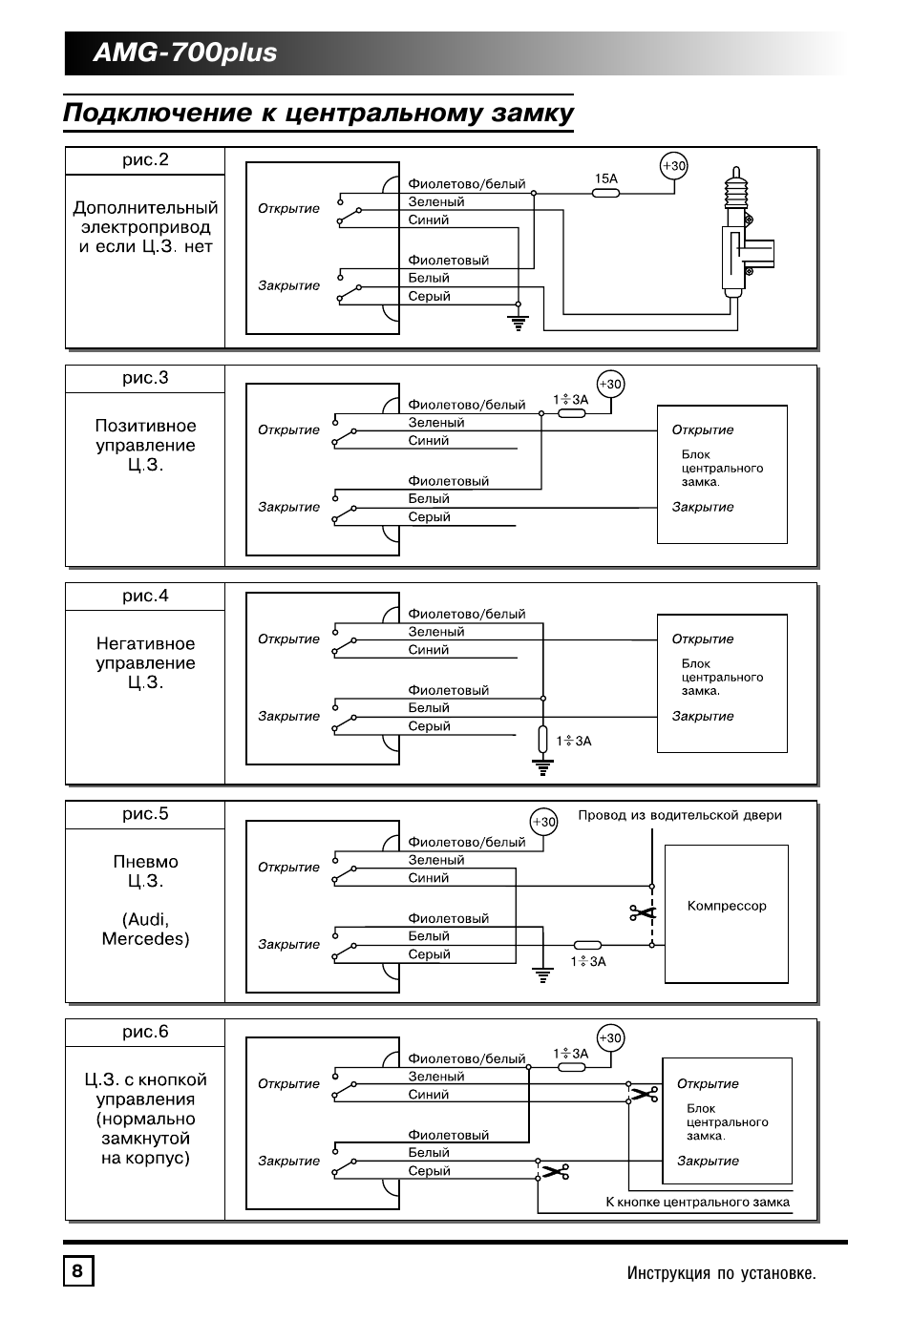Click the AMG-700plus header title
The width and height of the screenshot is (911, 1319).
click(185, 53)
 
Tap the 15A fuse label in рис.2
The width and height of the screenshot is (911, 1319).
click(605, 178)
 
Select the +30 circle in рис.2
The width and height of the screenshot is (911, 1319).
click(674, 166)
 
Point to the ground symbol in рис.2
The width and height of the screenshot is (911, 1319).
click(519, 322)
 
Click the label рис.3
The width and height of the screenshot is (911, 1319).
click(145, 378)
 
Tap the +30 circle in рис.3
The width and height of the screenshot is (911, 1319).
click(609, 385)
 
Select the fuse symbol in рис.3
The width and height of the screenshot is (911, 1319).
click(571, 413)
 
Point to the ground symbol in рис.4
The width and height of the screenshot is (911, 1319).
click(542, 766)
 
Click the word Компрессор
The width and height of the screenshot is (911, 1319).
click(727, 906)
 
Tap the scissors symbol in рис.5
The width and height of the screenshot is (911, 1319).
click(644, 913)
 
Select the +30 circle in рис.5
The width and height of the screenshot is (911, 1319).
click(543, 822)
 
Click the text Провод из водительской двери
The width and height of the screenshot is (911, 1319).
click(679, 815)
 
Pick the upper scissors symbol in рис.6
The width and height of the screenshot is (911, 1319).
click(643, 1094)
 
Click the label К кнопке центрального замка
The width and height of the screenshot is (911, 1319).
click(697, 1203)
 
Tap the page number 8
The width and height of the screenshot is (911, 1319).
click(77, 1272)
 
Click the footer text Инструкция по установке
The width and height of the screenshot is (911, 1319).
click(721, 1273)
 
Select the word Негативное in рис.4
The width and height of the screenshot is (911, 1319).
click(145, 644)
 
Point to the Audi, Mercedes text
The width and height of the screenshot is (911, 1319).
click(145, 930)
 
